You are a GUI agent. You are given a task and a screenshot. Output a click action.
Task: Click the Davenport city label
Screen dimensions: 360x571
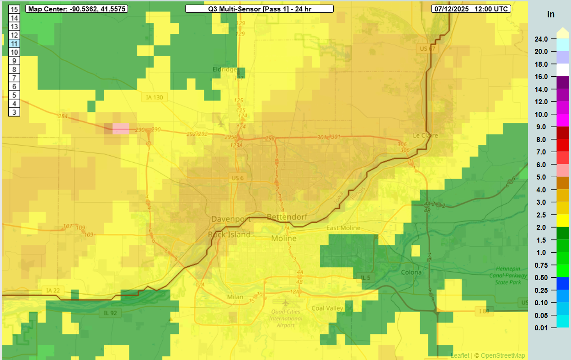click(x=231, y=219)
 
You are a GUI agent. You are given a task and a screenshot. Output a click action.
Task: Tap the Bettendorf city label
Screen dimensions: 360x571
click(x=287, y=217)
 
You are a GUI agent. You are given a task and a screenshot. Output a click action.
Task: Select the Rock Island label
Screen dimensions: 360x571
click(x=229, y=234)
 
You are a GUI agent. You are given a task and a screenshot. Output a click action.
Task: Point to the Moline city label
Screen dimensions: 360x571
click(x=283, y=238)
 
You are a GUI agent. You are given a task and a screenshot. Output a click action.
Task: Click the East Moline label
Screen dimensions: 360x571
click(x=343, y=228)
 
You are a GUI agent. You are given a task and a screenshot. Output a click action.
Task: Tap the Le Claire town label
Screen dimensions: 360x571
click(x=425, y=135)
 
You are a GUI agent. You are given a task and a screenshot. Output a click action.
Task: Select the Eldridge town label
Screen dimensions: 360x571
click(x=224, y=69)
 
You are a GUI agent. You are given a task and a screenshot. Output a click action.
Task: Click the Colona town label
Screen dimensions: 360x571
click(x=411, y=272)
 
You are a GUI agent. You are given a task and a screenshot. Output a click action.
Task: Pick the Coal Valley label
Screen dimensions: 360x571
click(x=327, y=308)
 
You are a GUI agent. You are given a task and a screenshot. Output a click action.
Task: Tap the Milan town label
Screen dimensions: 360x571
click(x=235, y=297)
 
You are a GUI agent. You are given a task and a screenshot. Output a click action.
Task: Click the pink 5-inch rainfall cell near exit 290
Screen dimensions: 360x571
click(x=121, y=128)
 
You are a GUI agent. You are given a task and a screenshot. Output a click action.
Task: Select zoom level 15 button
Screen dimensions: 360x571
click(x=15, y=9)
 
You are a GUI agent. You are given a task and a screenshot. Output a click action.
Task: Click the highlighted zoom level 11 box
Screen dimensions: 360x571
click(x=15, y=44)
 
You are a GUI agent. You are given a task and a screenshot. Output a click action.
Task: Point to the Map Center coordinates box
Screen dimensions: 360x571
click(x=76, y=9)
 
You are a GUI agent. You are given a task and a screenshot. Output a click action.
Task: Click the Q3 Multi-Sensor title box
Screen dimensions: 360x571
click(x=259, y=9)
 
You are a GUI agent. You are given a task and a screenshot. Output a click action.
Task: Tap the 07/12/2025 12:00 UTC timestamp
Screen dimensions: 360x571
click(x=470, y=9)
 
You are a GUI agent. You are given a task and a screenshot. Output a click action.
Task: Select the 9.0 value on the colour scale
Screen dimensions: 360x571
click(x=541, y=127)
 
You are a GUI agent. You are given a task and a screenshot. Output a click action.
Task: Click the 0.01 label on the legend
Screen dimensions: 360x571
click(x=541, y=328)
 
